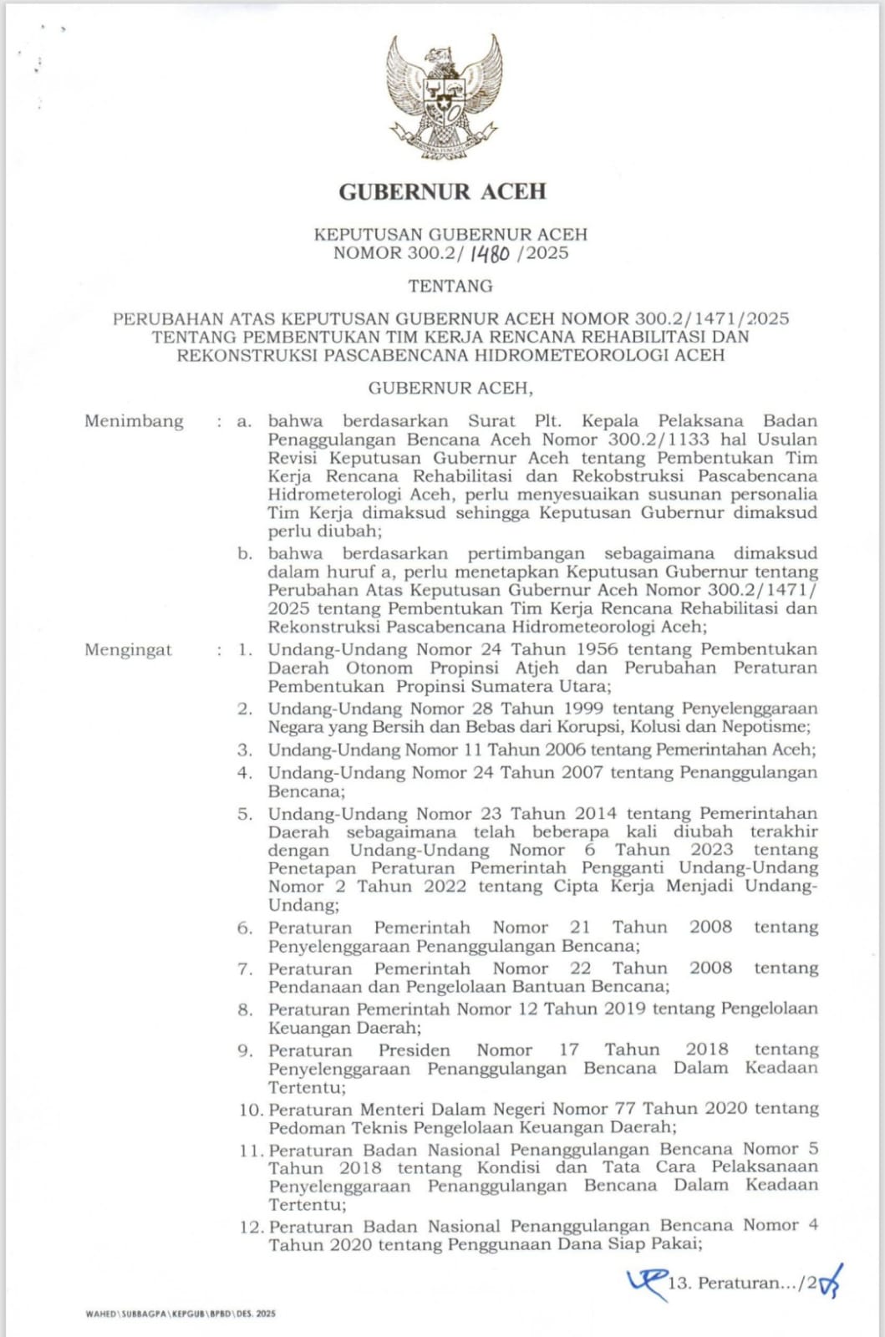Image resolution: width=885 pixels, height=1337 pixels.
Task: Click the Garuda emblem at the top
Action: [x=443, y=97]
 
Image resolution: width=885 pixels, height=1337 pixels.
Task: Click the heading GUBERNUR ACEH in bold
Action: [x=442, y=192]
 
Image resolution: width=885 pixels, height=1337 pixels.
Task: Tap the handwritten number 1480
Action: [x=489, y=254]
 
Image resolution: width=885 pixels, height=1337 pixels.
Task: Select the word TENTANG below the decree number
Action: [x=450, y=286]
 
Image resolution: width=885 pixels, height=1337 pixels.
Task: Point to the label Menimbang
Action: [x=134, y=421]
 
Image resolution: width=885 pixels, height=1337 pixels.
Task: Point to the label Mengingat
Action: [x=128, y=650]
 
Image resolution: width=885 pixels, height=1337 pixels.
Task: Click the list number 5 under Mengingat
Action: [x=244, y=814]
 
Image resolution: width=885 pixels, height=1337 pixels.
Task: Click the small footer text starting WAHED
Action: [x=180, y=1314]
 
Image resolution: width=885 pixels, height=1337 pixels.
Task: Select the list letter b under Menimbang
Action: [x=244, y=554]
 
